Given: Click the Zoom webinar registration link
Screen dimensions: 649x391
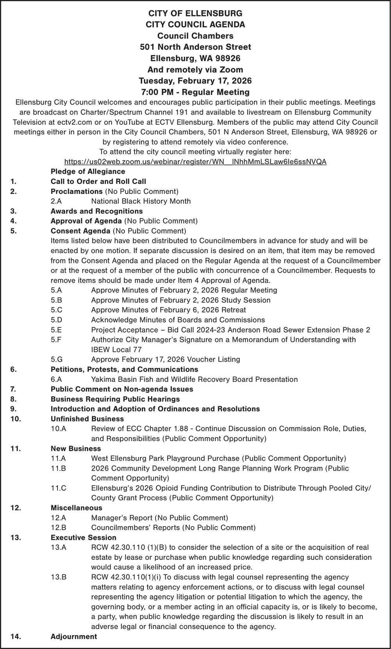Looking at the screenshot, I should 195,162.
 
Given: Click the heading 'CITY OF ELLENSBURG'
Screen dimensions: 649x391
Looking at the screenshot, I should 195,13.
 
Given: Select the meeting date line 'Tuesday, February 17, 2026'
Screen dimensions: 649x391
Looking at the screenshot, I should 195,81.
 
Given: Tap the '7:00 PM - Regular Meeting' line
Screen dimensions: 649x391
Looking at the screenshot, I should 195,92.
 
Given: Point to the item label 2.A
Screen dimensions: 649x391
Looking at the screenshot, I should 56,201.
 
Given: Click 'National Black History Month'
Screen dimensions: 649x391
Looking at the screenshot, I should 141,201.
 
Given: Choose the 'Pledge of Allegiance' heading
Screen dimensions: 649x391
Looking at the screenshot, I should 88,171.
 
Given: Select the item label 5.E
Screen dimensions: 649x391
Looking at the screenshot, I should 56,330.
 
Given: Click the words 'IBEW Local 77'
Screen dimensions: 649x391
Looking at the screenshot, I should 116,349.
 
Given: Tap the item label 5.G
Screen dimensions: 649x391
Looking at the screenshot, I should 57,359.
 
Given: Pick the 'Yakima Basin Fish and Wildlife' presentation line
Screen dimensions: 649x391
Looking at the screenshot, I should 194,379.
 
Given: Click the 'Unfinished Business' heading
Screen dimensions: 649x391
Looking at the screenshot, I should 82,419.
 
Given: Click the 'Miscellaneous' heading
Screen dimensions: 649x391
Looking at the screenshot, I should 77,508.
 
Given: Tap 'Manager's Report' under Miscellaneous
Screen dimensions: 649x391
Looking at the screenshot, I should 122,518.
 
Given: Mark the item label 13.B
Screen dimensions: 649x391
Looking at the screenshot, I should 58,577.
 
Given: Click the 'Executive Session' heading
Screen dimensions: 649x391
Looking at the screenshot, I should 83,538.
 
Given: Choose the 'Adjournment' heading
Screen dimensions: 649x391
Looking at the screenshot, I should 74,636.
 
